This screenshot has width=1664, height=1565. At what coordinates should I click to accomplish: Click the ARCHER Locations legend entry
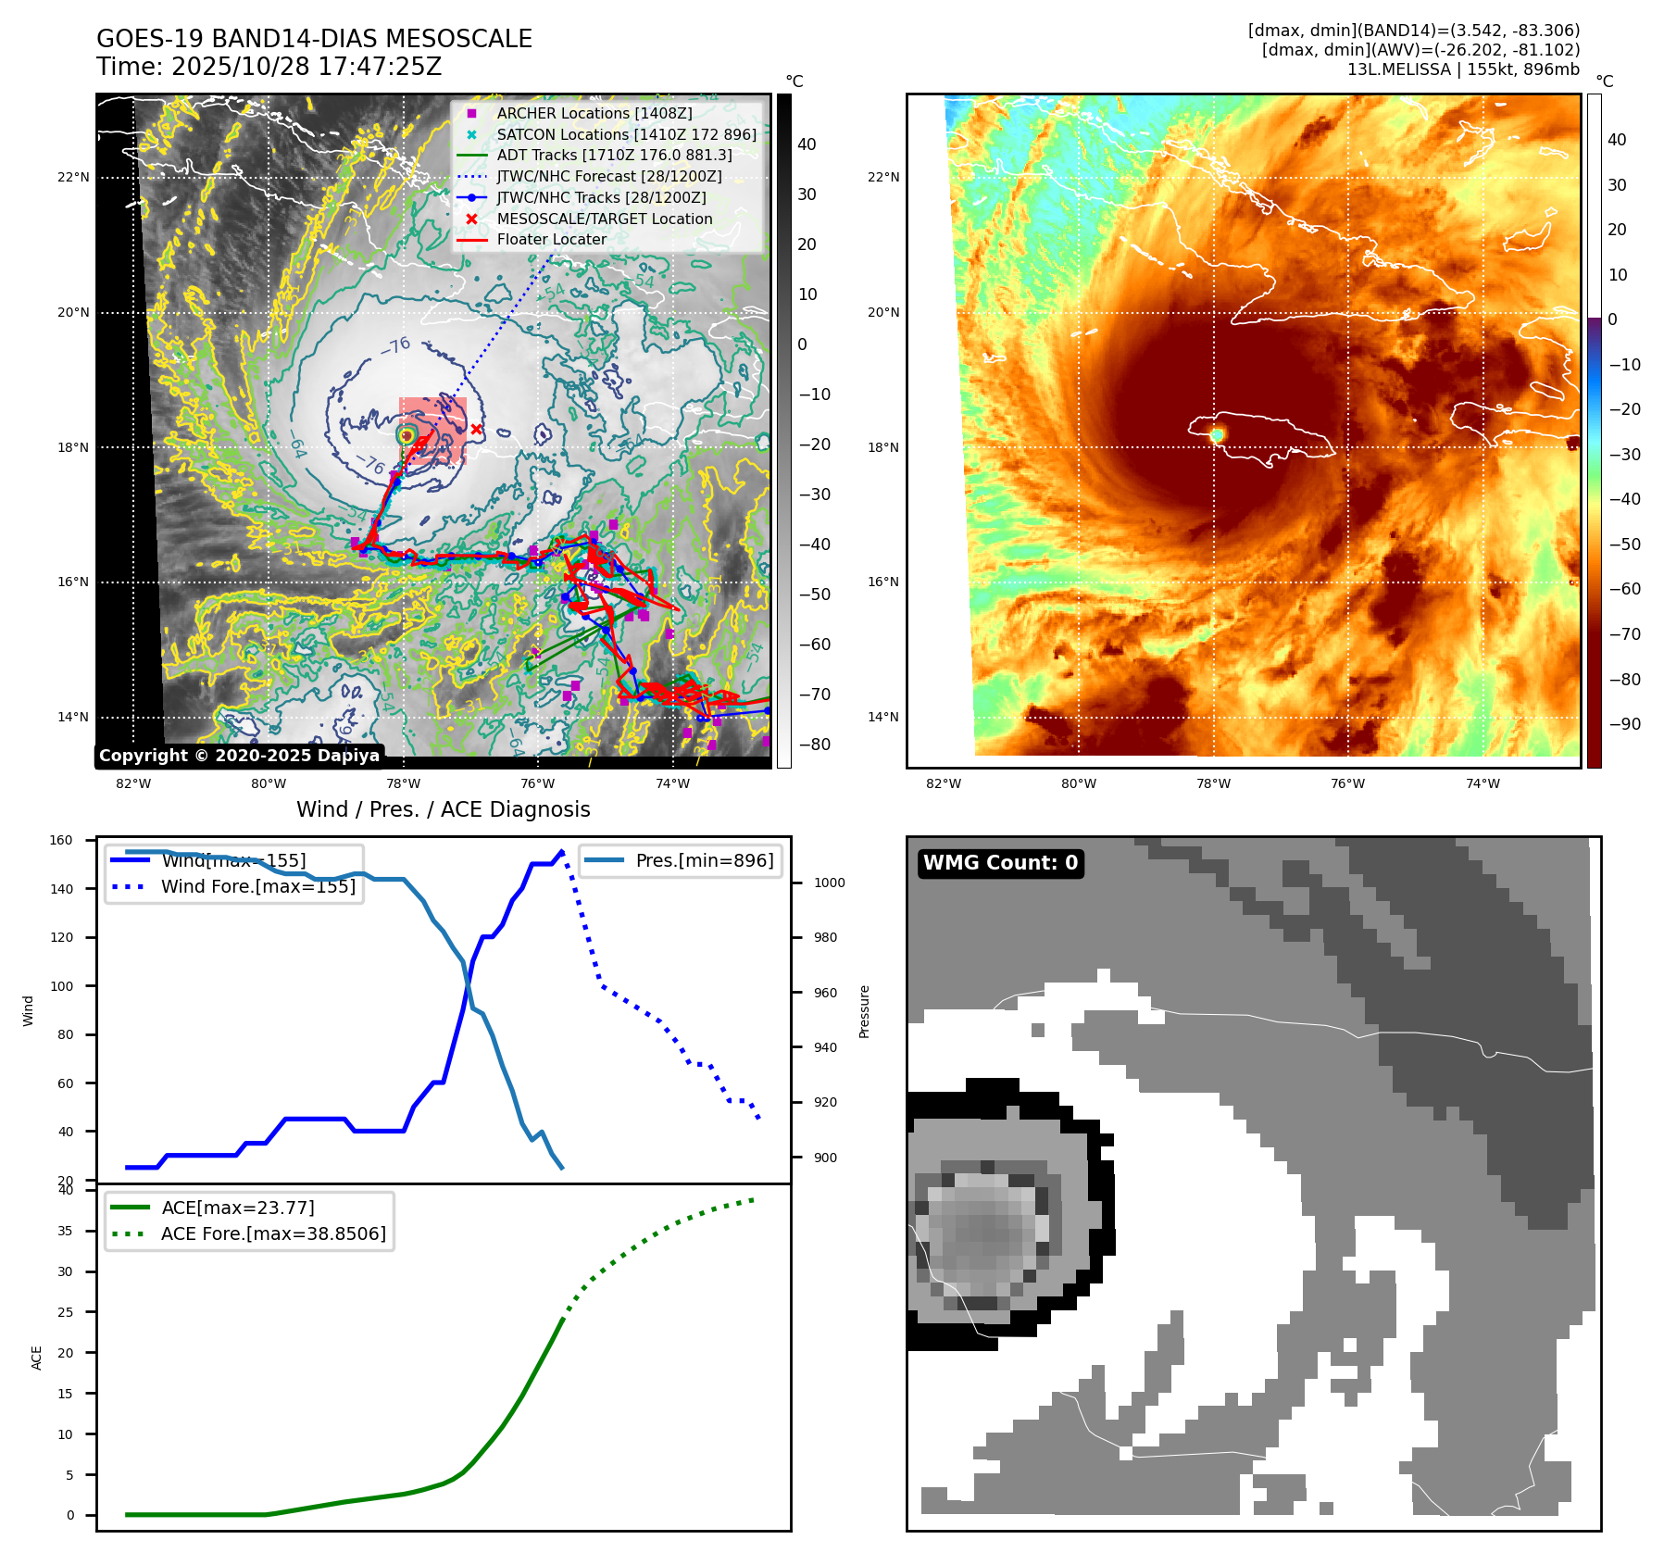(594, 113)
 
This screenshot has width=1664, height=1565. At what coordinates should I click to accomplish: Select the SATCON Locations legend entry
(626, 134)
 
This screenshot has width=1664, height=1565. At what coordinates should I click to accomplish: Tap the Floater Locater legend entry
(551, 239)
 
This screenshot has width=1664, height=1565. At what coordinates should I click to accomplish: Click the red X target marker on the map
(476, 429)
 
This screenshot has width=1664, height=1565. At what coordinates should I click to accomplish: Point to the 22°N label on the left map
(73, 177)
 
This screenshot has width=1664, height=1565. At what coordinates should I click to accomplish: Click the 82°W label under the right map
(944, 783)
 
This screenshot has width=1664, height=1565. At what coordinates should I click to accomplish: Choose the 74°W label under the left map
(672, 783)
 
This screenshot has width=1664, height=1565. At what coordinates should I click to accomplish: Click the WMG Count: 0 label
(1000, 863)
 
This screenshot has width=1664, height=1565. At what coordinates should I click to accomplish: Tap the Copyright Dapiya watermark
(239, 756)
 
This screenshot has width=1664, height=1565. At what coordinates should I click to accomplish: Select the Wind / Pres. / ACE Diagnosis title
(443, 809)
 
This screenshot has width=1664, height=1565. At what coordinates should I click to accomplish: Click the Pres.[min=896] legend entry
(704, 860)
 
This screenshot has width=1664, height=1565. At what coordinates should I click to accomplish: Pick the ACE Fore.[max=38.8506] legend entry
(273, 1233)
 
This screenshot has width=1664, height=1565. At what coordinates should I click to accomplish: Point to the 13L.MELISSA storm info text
(1463, 69)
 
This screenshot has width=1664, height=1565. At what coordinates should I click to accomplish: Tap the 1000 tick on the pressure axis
(829, 883)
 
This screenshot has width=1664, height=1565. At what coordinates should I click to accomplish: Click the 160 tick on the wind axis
(61, 840)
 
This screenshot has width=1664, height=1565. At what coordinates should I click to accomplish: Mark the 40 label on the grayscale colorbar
(807, 144)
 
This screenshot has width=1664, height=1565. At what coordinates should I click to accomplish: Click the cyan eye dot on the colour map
(1217, 434)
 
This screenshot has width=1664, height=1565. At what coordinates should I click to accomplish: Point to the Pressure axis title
(864, 1011)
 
